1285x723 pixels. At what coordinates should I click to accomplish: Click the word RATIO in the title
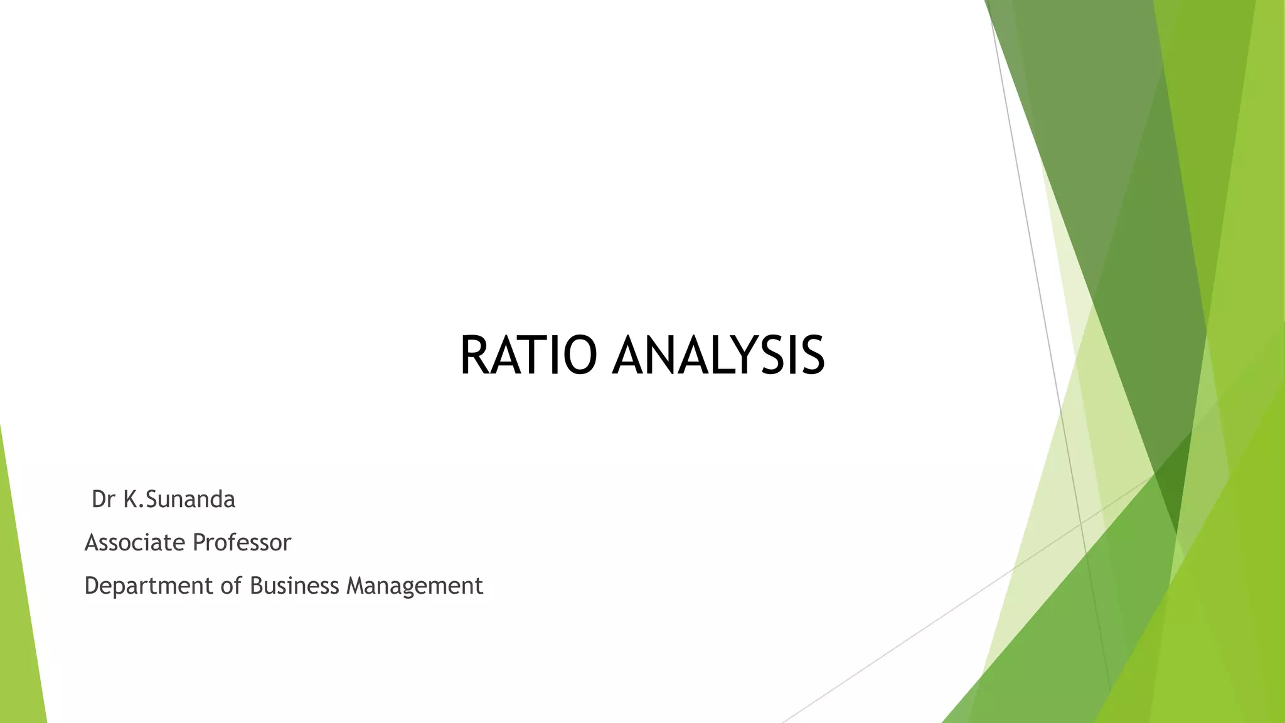[x=528, y=356]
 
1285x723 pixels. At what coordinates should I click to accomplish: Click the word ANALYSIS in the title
[x=718, y=356]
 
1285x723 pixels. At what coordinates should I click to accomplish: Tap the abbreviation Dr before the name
[x=104, y=500]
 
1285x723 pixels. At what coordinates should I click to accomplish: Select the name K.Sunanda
[x=179, y=500]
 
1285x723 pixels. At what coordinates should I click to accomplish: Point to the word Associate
[x=134, y=542]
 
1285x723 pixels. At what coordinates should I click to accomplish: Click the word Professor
[x=242, y=542]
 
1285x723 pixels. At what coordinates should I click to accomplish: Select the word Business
[x=294, y=586]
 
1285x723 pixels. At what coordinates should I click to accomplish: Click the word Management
[x=415, y=586]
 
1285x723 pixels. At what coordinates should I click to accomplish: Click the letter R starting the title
[x=474, y=356]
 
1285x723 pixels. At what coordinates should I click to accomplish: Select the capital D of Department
[x=92, y=586]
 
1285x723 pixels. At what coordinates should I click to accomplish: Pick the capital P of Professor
[x=198, y=542]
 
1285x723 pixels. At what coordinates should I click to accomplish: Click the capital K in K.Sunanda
[x=131, y=500]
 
